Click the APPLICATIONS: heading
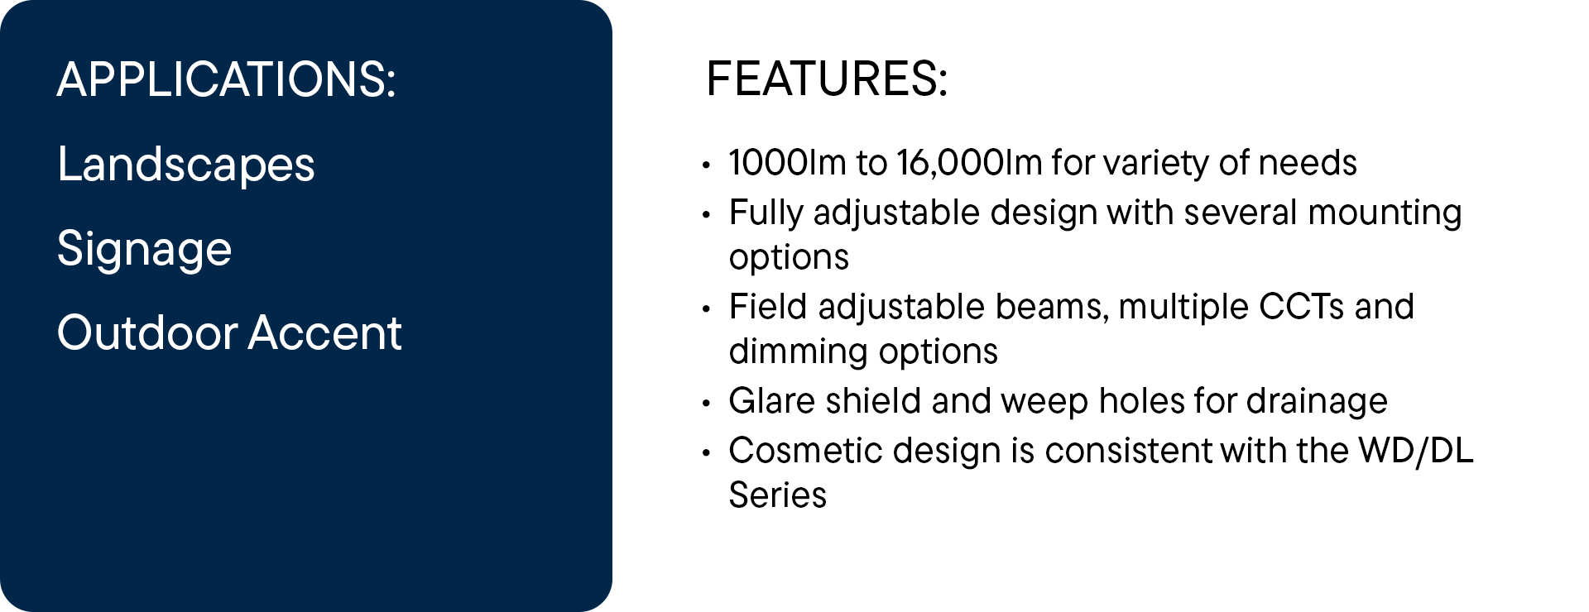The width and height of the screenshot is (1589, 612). (x=227, y=79)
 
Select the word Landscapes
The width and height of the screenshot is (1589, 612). (x=186, y=164)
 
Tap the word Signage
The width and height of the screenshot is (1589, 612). (x=145, y=249)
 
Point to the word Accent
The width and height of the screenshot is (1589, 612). (x=325, y=333)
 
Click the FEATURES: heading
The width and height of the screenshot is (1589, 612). (x=827, y=79)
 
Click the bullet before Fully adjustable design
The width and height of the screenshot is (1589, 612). (x=706, y=215)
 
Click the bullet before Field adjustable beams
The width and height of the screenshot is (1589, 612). (x=706, y=309)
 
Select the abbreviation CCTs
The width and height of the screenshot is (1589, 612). (x=1301, y=307)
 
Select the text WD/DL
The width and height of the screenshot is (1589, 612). (x=1416, y=451)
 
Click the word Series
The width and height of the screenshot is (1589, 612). (x=778, y=495)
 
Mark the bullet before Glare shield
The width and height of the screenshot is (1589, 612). (x=706, y=404)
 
